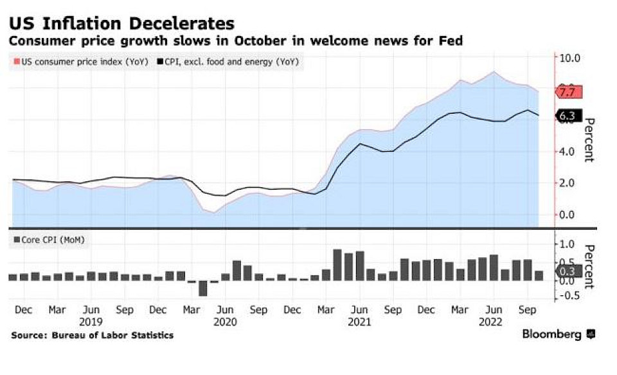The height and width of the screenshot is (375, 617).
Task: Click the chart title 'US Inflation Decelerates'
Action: click(121, 24)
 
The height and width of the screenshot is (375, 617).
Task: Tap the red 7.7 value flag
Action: click(569, 92)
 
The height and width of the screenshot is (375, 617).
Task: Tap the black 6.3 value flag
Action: click(569, 116)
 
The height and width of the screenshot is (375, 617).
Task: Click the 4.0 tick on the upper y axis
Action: click(569, 152)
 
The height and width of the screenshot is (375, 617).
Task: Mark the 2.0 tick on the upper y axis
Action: click(569, 183)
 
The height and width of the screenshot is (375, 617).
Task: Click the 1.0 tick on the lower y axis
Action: click(567, 244)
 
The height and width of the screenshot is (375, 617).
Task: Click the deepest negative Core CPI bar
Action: click(203, 288)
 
